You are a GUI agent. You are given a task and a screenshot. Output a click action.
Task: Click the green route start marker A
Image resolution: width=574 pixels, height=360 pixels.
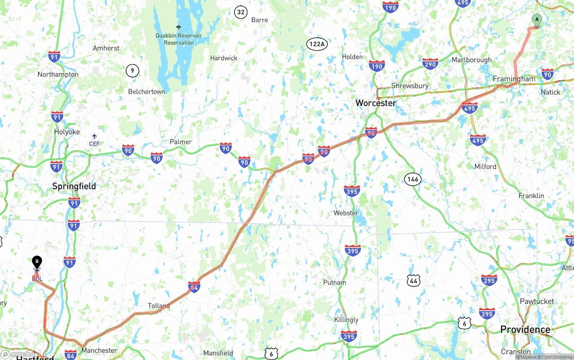[x=536, y=20]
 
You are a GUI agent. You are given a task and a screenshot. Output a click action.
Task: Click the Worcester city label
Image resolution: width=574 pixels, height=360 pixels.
[x=376, y=103]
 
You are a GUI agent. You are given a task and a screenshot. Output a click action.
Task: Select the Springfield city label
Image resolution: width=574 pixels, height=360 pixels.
[x=74, y=186]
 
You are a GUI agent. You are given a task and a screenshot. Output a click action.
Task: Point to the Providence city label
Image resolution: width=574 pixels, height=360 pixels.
[x=525, y=330]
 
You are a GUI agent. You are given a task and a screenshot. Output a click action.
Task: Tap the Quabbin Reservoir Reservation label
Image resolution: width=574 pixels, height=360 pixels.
[x=178, y=39]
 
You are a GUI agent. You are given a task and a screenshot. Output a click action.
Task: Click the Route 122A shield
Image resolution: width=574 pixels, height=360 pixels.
[x=317, y=44]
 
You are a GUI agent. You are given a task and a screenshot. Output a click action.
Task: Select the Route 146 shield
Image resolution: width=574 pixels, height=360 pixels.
[x=413, y=179]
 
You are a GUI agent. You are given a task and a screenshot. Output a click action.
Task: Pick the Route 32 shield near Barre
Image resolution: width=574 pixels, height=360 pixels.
[x=241, y=12]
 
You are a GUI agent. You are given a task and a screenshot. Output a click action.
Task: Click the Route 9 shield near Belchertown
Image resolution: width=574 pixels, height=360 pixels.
[x=132, y=70]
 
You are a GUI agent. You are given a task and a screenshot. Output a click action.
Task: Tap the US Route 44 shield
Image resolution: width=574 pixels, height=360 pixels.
[x=413, y=281]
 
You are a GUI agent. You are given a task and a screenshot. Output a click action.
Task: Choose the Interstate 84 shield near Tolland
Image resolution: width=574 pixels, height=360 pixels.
[x=194, y=286]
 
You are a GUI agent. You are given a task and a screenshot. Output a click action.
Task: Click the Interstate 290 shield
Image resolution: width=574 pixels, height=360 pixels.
[x=430, y=64]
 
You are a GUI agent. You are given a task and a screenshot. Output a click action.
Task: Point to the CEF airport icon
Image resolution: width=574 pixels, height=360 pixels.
[x=94, y=136]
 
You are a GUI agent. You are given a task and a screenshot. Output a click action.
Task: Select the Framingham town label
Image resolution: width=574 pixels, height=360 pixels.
[x=514, y=79]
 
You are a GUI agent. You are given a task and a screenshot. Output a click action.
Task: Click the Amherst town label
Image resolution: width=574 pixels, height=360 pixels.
[x=106, y=48]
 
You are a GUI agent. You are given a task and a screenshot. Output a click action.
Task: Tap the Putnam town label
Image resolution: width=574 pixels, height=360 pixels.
[x=335, y=282]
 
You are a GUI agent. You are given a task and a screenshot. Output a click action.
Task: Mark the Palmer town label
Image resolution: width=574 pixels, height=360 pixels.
[x=181, y=142]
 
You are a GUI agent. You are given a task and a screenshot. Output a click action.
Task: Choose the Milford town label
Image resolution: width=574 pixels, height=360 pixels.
[x=485, y=166]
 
